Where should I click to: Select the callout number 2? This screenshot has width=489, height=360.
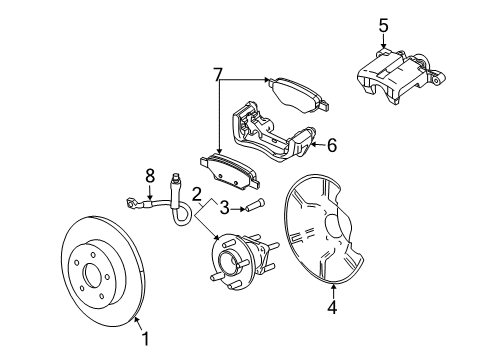pyautogui.click(x=198, y=194)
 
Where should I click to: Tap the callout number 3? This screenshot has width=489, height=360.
pyautogui.click(x=225, y=207)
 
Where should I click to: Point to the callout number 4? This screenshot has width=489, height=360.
pyautogui.click(x=333, y=307)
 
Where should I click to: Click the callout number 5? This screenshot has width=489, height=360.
pyautogui.click(x=381, y=25)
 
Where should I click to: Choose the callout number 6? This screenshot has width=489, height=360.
pyautogui.click(x=331, y=145)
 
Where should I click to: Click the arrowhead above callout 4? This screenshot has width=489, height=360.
pyautogui.click(x=333, y=285)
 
